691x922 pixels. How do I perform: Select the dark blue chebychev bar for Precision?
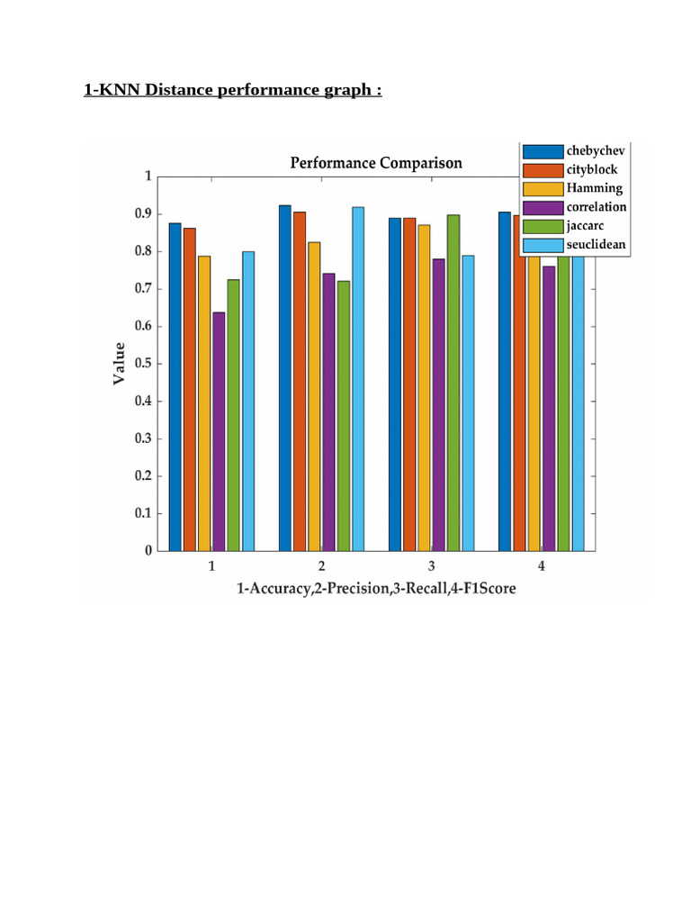click(285, 378)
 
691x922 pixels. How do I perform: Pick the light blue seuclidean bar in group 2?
click(358, 379)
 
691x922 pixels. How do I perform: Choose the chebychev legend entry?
click(595, 150)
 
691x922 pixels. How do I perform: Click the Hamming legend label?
click(594, 188)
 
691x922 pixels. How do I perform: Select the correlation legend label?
click(597, 207)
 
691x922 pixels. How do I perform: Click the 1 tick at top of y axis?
click(148, 176)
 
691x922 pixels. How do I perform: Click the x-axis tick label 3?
click(431, 567)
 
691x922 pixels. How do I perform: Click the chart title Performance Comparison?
click(376, 163)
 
